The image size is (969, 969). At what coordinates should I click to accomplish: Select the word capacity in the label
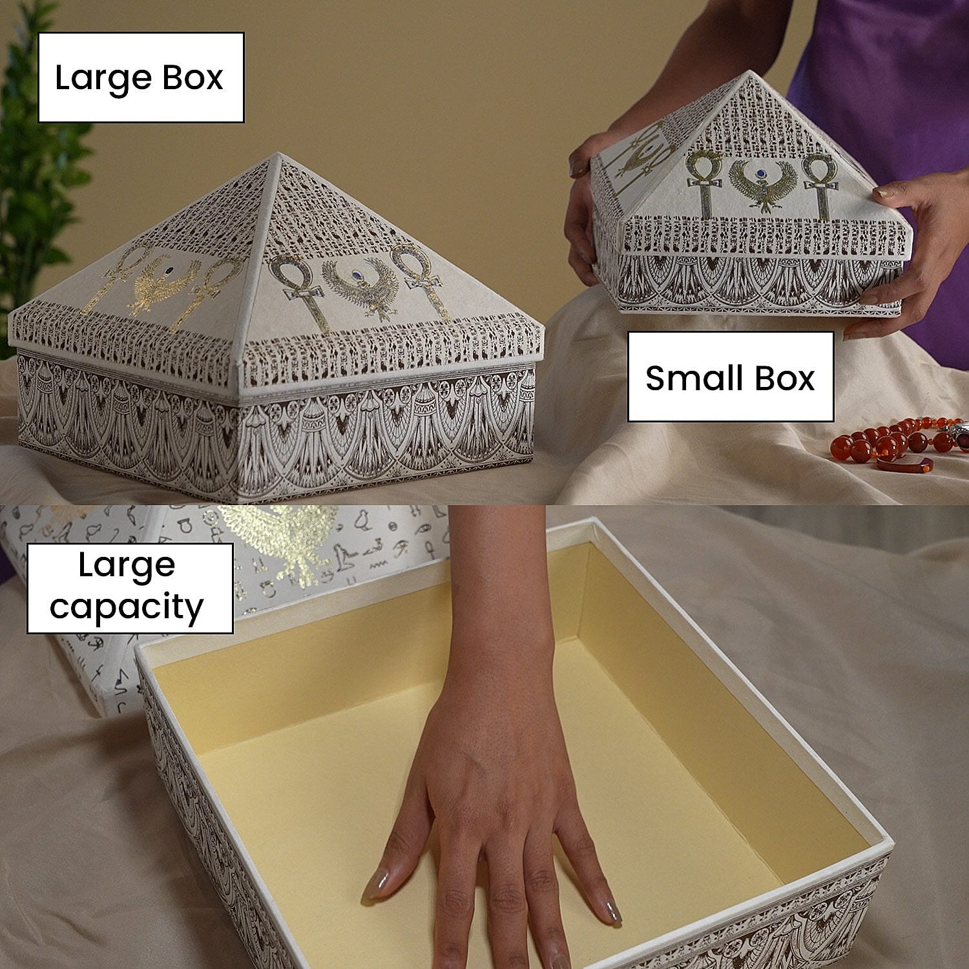pos(127,608)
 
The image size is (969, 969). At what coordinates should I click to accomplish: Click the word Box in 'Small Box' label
pos(784,379)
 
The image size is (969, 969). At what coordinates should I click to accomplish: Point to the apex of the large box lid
pos(278,155)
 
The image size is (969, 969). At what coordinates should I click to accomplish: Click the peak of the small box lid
pos(749,73)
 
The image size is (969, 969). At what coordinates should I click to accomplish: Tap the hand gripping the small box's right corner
pos(911,245)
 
